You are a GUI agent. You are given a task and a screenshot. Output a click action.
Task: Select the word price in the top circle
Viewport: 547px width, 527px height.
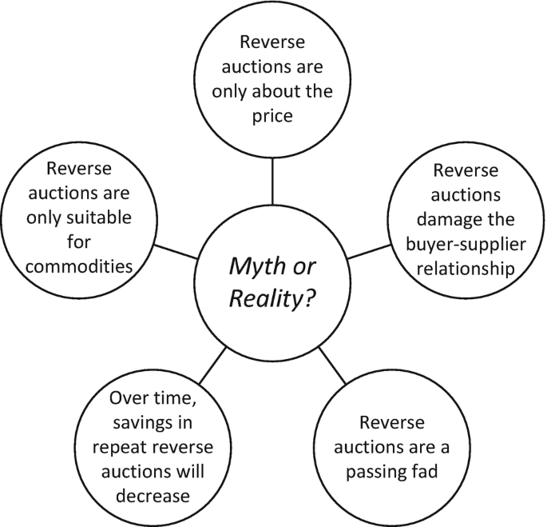pos(273,116)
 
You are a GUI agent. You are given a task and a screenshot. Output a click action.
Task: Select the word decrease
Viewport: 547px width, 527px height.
pos(150,495)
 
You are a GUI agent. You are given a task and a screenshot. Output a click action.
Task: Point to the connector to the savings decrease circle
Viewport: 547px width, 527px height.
pos(213,365)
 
